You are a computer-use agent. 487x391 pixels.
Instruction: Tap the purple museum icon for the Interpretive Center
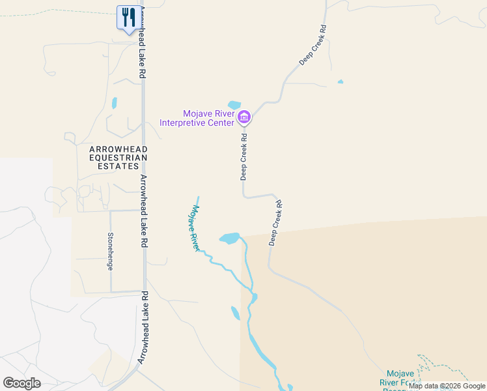click(x=244, y=117)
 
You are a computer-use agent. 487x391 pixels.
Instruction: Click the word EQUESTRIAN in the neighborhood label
click(x=118, y=158)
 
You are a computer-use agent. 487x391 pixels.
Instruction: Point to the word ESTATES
click(x=118, y=166)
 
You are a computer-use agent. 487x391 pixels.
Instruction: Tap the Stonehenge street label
click(x=111, y=251)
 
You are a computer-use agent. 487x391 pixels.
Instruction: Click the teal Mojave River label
click(x=193, y=229)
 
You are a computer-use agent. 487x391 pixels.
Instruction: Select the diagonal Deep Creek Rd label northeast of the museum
click(x=313, y=46)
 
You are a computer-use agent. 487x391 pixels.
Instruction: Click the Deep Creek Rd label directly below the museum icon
click(x=244, y=156)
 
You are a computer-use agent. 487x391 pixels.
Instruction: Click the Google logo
click(x=22, y=383)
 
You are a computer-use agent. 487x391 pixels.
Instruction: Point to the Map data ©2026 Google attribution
click(x=447, y=386)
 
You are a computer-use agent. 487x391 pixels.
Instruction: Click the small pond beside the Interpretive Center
click(x=234, y=105)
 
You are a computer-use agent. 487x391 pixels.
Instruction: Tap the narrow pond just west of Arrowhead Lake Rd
click(x=115, y=103)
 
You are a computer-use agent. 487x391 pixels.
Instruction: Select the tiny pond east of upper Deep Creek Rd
click(x=340, y=82)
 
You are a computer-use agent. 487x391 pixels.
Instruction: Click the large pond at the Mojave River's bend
click(x=229, y=239)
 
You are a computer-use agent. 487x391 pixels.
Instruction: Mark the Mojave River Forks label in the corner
click(x=397, y=378)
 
